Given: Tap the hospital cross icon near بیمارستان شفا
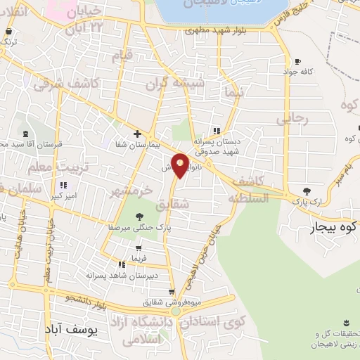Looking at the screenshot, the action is point(137,134).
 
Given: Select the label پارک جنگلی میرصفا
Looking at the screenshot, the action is point(140,228).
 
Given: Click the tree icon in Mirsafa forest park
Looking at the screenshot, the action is point(140,216).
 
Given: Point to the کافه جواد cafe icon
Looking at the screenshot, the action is point(298,61).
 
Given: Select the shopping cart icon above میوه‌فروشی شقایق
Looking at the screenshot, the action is point(172,292).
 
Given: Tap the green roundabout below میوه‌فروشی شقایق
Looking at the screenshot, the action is point(175,311).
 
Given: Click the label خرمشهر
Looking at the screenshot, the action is point(131,191).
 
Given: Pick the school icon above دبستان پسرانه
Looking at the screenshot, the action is point(217,131).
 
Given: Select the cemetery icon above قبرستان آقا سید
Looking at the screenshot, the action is point(26,133).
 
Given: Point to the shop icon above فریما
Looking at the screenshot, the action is point(140,247).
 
